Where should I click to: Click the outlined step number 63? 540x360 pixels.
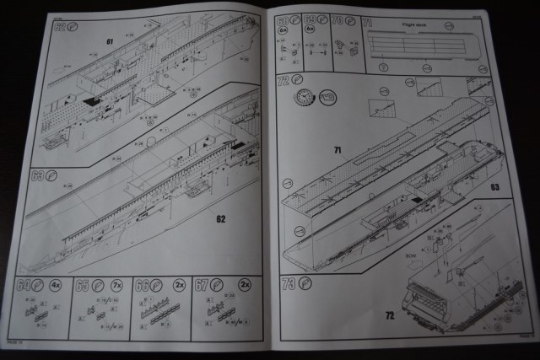(36, 176)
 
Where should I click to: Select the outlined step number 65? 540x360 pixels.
(82, 284)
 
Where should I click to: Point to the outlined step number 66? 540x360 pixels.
(141, 285)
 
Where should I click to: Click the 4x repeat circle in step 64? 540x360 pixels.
(53, 285)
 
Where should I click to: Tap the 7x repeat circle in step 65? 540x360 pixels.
(114, 285)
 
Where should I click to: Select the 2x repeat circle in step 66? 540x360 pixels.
(174, 285)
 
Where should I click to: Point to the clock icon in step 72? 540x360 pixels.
(300, 99)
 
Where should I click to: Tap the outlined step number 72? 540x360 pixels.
(283, 81)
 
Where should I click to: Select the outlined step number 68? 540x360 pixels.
(283, 19)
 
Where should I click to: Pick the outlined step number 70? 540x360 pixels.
(337, 18)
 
